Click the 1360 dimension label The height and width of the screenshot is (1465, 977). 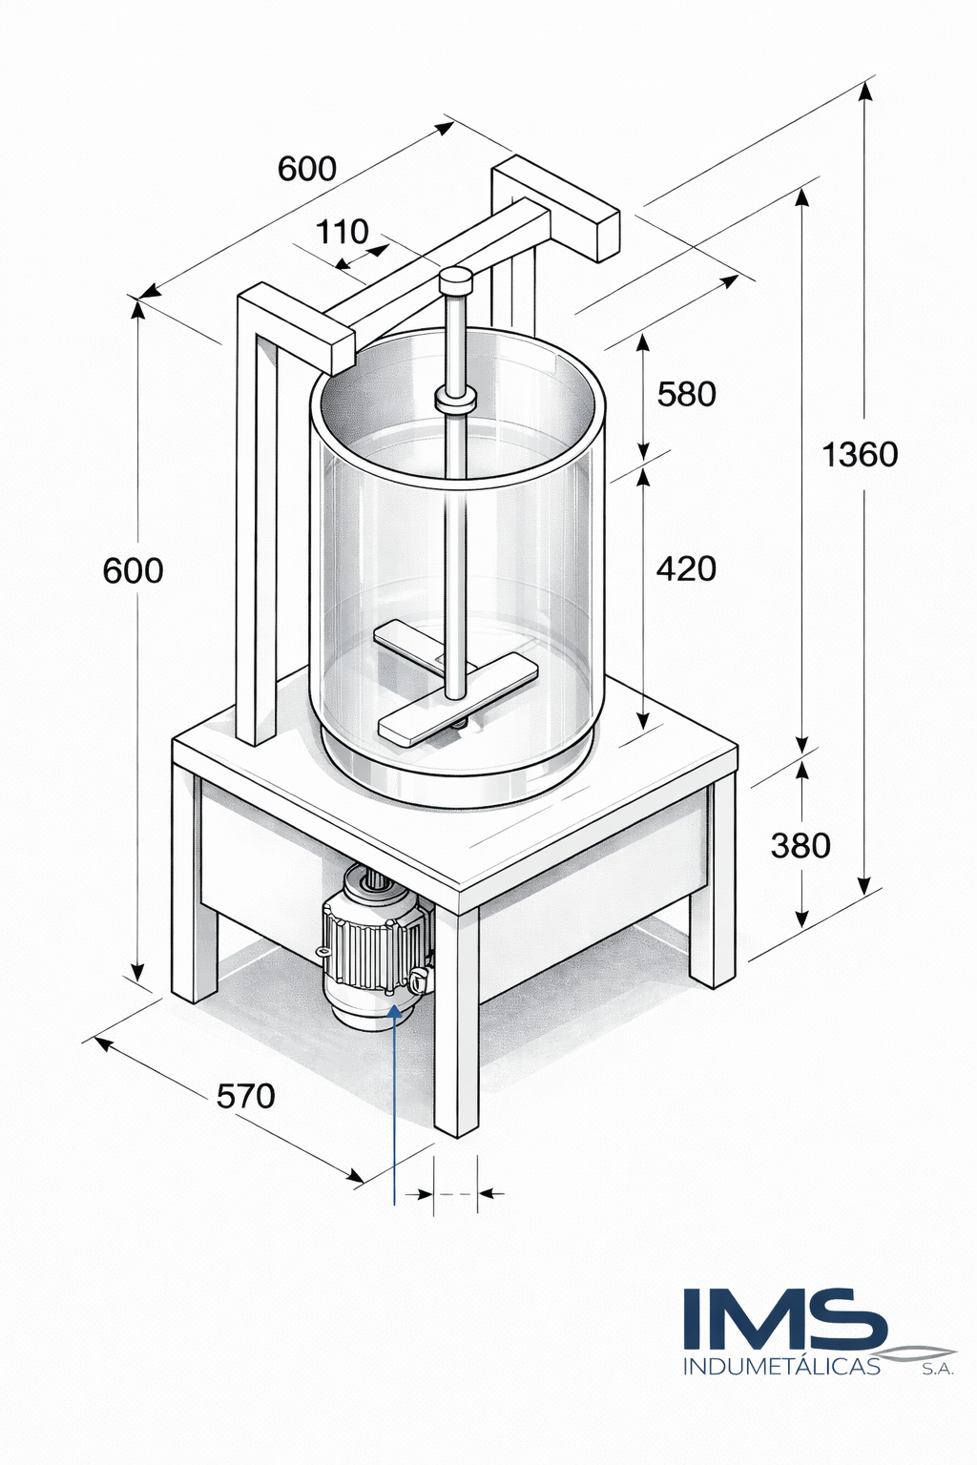coord(860,455)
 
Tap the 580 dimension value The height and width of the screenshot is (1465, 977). coord(686,394)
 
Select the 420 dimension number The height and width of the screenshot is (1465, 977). coord(686,568)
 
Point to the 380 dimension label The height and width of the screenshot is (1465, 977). coord(800,845)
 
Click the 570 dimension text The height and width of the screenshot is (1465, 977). coord(245,1096)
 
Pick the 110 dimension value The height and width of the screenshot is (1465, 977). coord(342,232)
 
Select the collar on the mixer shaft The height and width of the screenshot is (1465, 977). coord(455,400)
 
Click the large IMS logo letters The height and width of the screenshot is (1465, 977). coord(784,1320)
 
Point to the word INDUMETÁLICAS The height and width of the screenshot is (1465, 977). coord(781,1367)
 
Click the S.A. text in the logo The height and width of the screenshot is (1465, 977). coord(938,1370)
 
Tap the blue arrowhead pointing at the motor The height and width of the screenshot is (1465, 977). coord(395,1013)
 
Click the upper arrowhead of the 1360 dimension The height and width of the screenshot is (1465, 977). coord(865,92)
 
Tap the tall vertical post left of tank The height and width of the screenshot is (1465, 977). coord(256,534)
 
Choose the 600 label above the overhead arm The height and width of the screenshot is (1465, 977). coord(307,169)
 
